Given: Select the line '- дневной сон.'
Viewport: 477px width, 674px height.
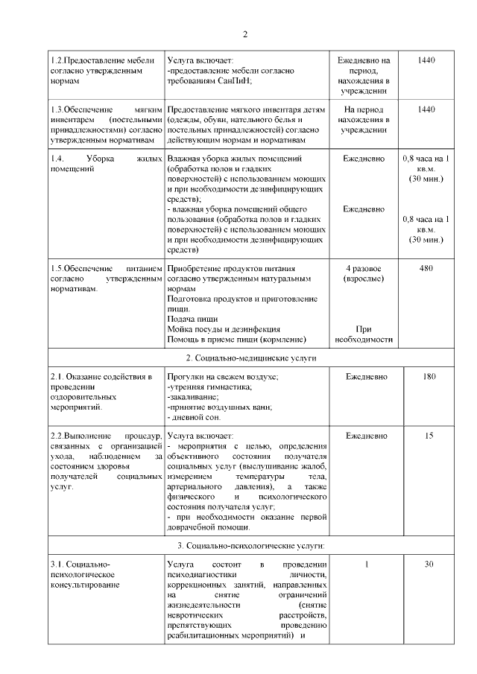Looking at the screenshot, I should point(194,418).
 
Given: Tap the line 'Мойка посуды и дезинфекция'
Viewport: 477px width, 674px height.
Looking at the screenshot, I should point(224,329).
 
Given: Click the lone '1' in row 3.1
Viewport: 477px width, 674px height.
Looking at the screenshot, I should point(366,564).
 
